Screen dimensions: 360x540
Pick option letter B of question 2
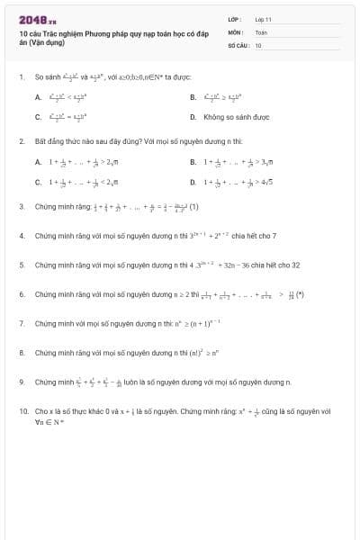pyautogui.click(x=193, y=162)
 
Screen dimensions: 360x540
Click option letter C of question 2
pyautogui.click(x=39, y=181)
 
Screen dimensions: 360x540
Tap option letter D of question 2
pyautogui.click(x=193, y=181)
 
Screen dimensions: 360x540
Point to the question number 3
pyautogui.click(x=22, y=206)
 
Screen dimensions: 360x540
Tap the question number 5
pyautogui.click(x=22, y=265)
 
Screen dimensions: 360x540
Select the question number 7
pyautogui.click(x=22, y=323)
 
